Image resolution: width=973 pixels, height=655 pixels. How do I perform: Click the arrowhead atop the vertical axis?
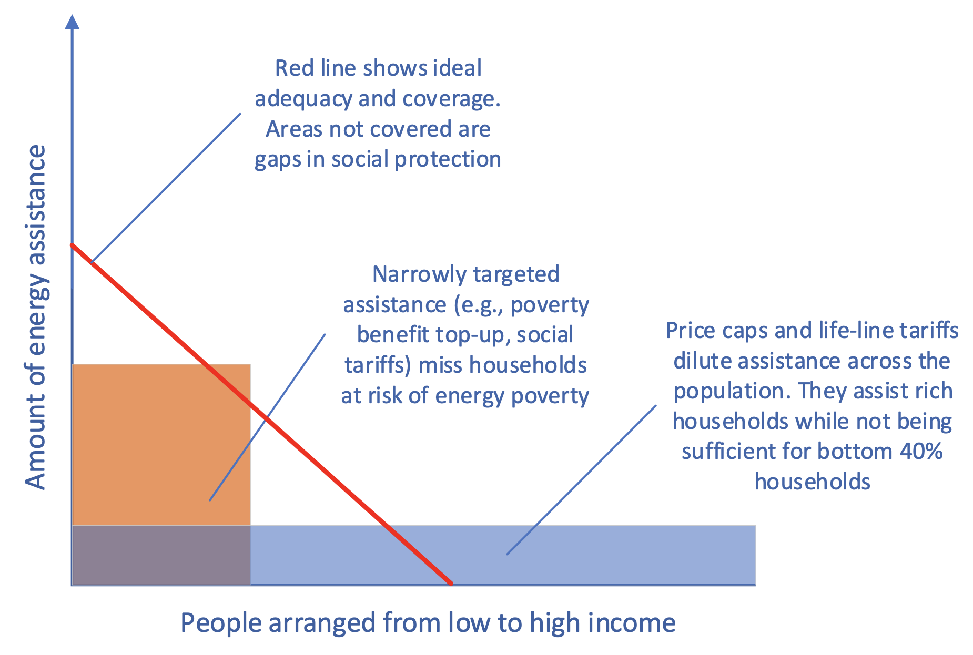(72, 22)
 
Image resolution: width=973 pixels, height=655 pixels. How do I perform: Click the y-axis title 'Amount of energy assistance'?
(36, 317)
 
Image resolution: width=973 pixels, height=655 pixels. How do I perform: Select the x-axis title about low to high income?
(428, 623)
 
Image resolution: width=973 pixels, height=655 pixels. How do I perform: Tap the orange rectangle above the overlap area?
(161, 444)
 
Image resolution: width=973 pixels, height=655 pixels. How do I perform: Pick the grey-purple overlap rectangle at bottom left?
(161, 555)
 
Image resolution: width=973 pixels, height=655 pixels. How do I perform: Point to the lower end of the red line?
(451, 583)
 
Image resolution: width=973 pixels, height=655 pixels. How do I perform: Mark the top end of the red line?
(72, 245)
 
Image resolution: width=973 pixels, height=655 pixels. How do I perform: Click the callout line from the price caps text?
(581, 479)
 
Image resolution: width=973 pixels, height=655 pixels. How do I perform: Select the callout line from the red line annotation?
(166, 188)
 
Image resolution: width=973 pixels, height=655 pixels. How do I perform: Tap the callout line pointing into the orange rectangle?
(267, 417)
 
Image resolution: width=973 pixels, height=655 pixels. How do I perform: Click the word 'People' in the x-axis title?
(221, 623)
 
